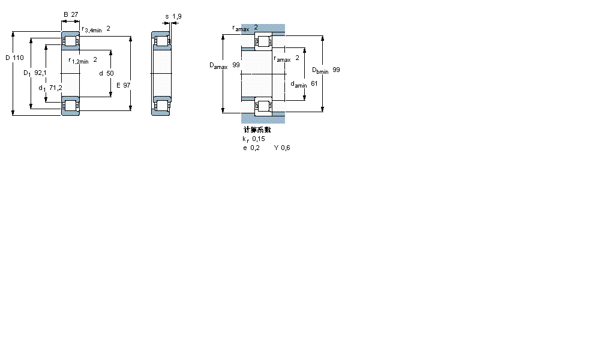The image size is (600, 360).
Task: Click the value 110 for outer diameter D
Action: [x=18, y=58]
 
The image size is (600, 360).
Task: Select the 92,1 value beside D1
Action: [x=40, y=73]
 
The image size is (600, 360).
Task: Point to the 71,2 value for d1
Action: [x=56, y=88]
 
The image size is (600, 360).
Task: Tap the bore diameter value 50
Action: [x=110, y=73]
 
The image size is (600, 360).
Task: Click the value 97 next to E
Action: [x=127, y=86]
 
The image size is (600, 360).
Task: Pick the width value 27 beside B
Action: [x=75, y=14]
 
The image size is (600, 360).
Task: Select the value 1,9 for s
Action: [x=176, y=16]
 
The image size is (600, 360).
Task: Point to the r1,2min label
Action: [x=79, y=60]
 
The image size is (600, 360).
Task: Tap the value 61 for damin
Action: [x=314, y=83]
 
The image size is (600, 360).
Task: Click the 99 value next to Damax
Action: [x=236, y=65]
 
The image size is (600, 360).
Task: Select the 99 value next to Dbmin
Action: [x=336, y=70]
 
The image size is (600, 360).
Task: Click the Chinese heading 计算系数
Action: [x=257, y=130]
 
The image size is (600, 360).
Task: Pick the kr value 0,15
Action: [x=259, y=139]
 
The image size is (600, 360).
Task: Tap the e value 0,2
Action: [x=256, y=148]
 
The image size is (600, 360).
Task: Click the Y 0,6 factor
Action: [x=282, y=148]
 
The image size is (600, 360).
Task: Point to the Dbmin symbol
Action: [x=320, y=70]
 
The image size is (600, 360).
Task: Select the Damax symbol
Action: [x=218, y=65]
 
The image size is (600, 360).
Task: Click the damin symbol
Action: [x=298, y=85]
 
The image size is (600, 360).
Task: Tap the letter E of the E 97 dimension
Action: [x=118, y=86]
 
